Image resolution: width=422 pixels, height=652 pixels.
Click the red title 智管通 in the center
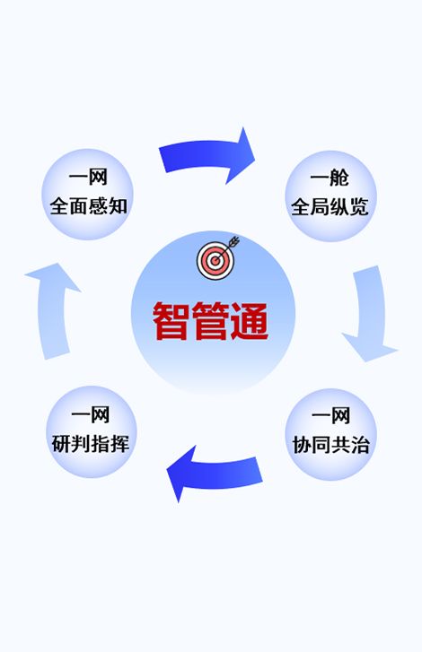pos(211,320)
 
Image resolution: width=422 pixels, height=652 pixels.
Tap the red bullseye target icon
pos(215,261)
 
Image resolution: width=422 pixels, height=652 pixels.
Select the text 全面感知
pos(88,206)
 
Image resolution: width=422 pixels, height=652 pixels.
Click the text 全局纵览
pos(330,207)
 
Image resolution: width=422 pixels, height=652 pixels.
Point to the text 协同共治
pos(330,445)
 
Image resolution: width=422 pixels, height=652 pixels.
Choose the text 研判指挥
pos(91,444)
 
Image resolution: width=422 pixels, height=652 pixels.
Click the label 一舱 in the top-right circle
pos(330,178)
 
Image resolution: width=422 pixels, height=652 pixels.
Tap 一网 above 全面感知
pos(88,178)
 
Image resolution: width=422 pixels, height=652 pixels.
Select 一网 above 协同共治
pos(331,416)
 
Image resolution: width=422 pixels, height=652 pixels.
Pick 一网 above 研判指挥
pos(91,415)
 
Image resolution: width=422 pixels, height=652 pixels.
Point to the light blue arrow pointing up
pos(51,309)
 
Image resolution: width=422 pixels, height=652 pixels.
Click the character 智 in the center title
pos(171,320)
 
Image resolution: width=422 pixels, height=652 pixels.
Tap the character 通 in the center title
pos(250,320)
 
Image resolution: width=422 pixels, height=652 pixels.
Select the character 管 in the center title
pos(210,320)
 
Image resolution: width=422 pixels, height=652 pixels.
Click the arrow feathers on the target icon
pos(234,240)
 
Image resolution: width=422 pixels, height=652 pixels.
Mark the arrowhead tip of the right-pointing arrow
pos(255,160)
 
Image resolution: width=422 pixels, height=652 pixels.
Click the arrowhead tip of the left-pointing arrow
pos(167,470)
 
